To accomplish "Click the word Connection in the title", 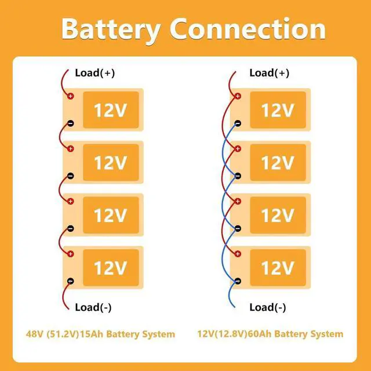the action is pos(248,28).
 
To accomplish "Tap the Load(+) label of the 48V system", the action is pos(95,73).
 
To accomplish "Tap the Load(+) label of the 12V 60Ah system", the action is pos(269,73).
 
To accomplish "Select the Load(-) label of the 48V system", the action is pos(93,307).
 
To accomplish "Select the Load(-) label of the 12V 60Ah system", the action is pos(268,307).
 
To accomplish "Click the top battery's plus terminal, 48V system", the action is pos(71,96).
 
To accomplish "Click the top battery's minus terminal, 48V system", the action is pos(71,123).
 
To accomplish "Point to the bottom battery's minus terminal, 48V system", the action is pos(71,281).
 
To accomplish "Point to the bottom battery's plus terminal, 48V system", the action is pos(71,254).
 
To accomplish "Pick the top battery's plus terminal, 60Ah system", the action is pos(238,96).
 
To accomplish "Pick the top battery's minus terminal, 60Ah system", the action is pos(238,123).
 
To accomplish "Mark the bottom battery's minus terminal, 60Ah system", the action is pos(238,281).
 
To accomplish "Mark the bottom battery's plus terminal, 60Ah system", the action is pos(238,254).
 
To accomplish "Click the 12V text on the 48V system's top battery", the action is pos(111,110).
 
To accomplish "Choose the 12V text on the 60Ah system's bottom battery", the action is pos(278,268).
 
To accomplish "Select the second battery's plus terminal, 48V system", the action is pos(71,148).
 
